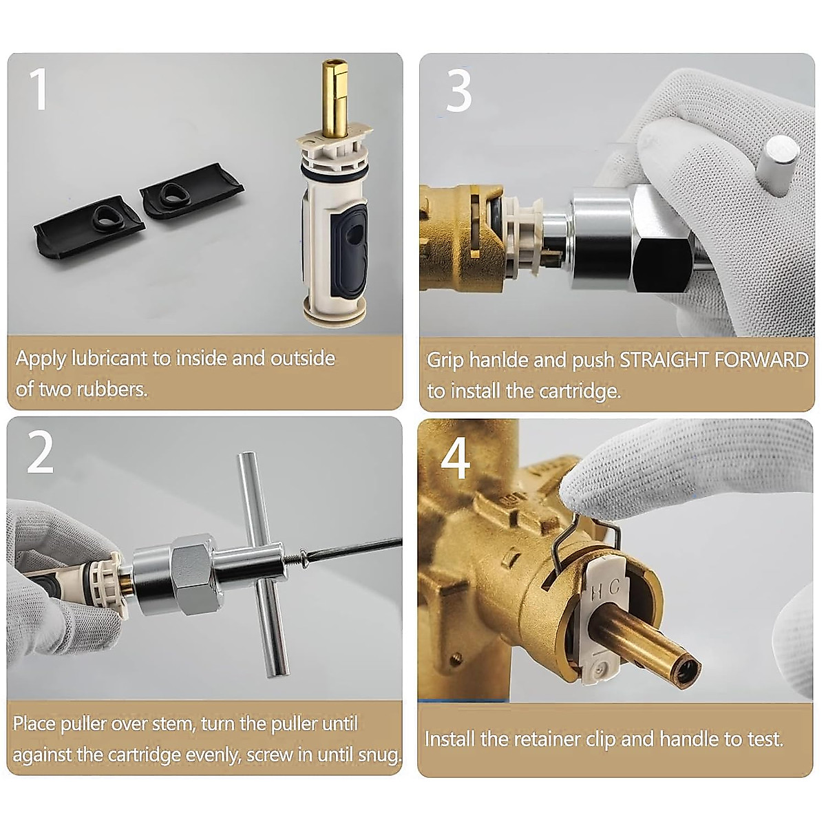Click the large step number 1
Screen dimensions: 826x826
[39, 89]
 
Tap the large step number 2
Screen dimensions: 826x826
[41, 453]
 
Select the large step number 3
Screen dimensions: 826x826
[458, 92]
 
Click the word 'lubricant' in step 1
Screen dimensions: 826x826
[109, 359]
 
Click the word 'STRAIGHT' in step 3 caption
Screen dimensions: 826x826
[664, 359]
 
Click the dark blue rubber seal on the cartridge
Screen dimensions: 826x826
[350, 248]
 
